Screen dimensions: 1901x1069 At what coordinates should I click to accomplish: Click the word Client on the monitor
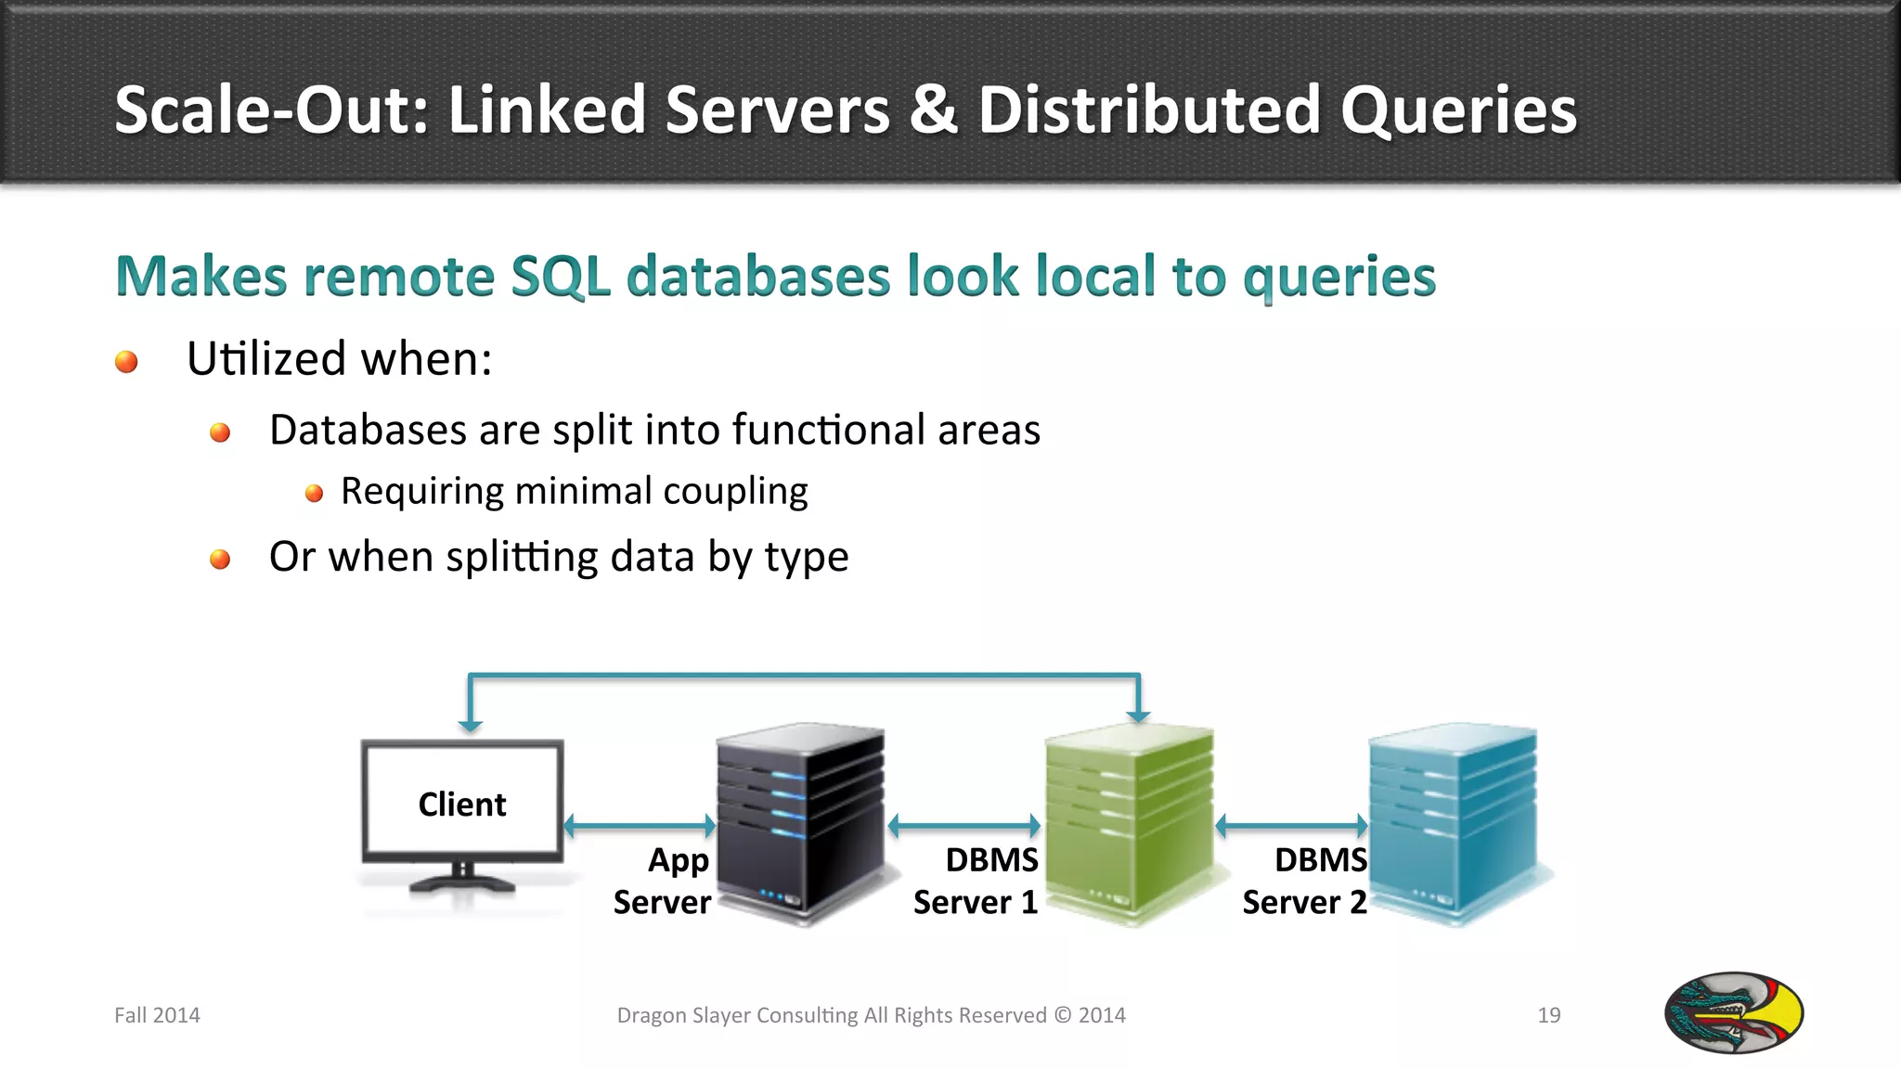[x=461, y=804]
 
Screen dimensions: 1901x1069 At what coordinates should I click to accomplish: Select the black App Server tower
[x=801, y=821]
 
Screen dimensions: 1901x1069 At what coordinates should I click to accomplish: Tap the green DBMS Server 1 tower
[x=1129, y=821]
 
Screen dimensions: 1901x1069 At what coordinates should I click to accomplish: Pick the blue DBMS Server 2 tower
[x=1454, y=821]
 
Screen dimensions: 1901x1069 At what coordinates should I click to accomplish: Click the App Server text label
[x=662, y=882]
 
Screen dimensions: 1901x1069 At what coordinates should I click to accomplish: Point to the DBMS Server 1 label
[x=976, y=882]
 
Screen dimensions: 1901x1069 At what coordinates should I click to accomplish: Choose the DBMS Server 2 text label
[x=1304, y=882]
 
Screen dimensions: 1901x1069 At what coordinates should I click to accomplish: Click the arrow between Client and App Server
[x=640, y=825]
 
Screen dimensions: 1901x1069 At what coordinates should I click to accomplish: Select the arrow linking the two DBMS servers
[x=1291, y=825]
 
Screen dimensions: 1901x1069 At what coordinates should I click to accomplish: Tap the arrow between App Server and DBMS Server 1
[x=964, y=825]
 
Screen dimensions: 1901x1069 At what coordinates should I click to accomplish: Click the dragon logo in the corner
[x=1733, y=1012]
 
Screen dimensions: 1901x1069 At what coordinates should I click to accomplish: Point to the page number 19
[x=1548, y=1015]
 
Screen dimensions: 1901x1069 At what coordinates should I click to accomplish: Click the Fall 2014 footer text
[x=157, y=1015]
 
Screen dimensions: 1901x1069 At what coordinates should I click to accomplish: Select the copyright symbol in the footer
[x=1062, y=1015]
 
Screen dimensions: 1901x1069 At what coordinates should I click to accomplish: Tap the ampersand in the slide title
[x=933, y=109]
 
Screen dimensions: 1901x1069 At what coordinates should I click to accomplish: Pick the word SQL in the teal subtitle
[x=561, y=277]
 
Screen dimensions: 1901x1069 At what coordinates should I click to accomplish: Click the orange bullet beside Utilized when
[x=126, y=361]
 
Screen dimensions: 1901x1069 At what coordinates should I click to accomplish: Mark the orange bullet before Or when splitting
[x=220, y=559]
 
